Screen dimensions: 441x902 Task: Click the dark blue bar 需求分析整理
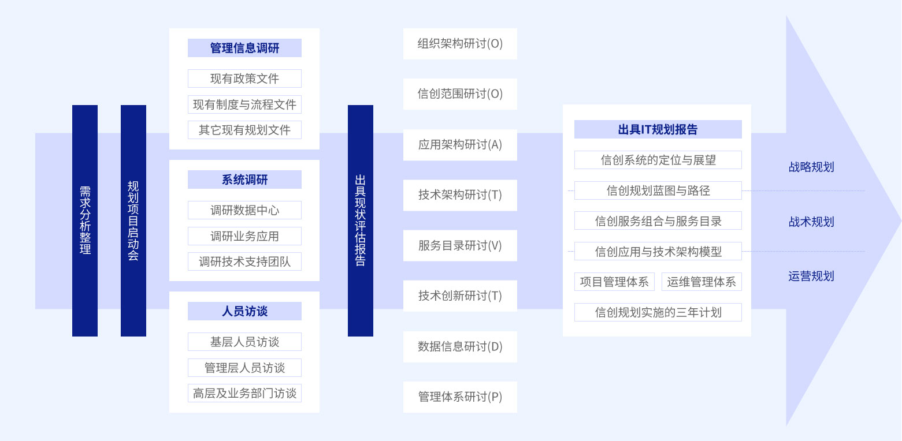pos(85,220)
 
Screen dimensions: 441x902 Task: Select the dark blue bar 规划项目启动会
pos(133,220)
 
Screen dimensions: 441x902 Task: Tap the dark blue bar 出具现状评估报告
pos(361,220)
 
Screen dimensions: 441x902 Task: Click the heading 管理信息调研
pos(244,48)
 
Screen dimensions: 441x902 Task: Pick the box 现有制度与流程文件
pos(244,104)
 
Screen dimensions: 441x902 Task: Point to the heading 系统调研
pos(244,180)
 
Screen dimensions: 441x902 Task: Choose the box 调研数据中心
pos(244,210)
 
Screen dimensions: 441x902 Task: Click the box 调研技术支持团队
pos(244,261)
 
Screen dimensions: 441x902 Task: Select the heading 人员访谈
pos(244,311)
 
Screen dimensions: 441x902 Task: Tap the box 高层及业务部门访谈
pos(244,393)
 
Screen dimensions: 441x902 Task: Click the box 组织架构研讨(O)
pos(460,44)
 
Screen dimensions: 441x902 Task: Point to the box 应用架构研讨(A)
pos(460,145)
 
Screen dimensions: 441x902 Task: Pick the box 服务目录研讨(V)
pos(460,246)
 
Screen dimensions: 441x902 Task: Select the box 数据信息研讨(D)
pos(460,347)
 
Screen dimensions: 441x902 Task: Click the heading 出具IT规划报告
pos(658,129)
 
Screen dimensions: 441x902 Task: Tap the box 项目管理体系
pos(614,282)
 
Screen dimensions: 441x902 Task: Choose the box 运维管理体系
pos(701,282)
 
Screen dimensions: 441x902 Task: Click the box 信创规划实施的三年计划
pos(658,312)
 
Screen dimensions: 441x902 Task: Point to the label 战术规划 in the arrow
pos(811,222)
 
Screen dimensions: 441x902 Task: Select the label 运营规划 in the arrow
pos(811,276)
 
